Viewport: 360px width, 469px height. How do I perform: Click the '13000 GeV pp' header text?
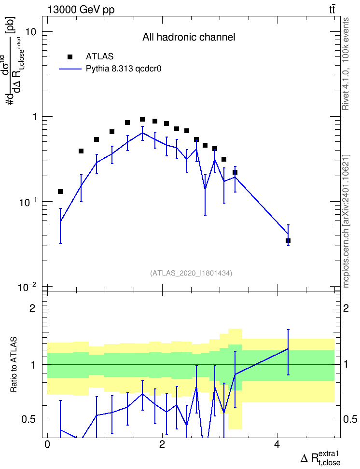click(x=81, y=10)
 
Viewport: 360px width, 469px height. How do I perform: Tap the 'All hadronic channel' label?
click(x=189, y=37)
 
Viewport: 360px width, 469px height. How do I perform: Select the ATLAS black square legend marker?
click(x=69, y=57)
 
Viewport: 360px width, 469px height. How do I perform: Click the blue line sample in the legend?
click(x=70, y=69)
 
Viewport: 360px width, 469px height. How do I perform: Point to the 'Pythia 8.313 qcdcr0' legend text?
click(x=124, y=69)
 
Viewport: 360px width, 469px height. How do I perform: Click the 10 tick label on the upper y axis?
click(x=31, y=32)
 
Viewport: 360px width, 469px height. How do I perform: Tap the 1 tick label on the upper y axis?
click(x=35, y=117)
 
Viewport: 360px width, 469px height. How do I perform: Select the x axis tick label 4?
click(x=277, y=444)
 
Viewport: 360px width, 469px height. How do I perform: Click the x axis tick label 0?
click(x=47, y=444)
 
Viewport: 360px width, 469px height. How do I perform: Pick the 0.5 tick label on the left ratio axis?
click(x=28, y=420)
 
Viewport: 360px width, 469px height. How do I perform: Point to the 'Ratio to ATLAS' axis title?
click(x=14, y=365)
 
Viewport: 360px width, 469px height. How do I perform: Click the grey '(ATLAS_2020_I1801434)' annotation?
click(x=191, y=273)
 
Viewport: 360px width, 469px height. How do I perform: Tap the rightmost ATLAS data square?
click(x=288, y=241)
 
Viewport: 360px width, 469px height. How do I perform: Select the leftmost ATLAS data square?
click(x=60, y=192)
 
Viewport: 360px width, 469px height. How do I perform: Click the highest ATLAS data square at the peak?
click(x=142, y=119)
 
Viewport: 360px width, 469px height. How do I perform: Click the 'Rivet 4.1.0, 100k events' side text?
click(x=346, y=64)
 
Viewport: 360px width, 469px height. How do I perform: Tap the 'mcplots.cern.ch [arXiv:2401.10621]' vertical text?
click(x=346, y=221)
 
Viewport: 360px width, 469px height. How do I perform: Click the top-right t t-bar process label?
click(x=332, y=9)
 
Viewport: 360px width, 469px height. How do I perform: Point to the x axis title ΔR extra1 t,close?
click(x=320, y=458)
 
